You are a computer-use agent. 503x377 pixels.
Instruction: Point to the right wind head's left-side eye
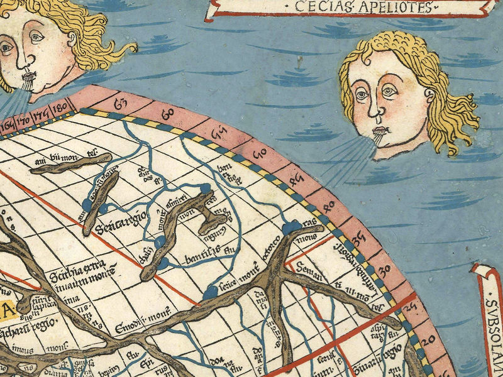[x=361, y=95]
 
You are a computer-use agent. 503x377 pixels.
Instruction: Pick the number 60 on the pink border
[x=168, y=114]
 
